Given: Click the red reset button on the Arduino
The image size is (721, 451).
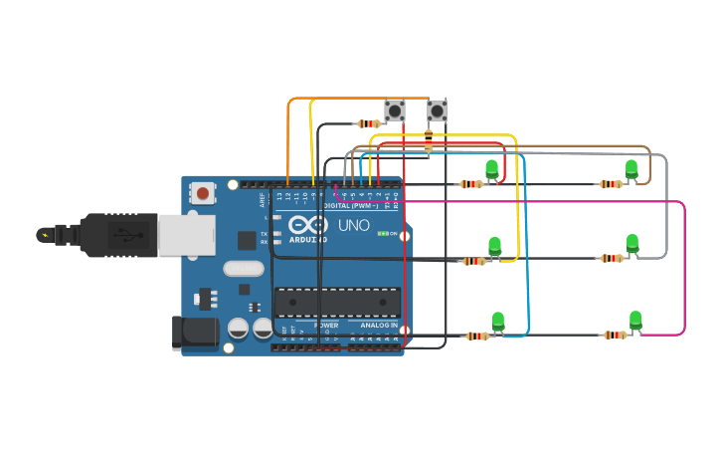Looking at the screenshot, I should coord(203,193).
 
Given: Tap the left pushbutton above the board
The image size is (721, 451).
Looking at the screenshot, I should coord(395,111).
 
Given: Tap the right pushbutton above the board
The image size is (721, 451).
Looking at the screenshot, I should coord(437,111).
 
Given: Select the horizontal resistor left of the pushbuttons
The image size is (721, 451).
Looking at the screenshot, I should coord(369,124).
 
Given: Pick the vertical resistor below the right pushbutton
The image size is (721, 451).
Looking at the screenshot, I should coord(429,140).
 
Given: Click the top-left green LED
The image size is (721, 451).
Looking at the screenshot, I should coord(491,169).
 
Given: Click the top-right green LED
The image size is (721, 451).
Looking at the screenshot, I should coord(631,169).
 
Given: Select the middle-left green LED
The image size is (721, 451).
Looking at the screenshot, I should coord(494,246).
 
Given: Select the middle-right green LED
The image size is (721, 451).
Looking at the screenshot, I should coord(632,244).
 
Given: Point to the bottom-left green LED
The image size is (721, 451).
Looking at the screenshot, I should coord(498,322).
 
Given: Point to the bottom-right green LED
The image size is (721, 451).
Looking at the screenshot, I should coord(635,321).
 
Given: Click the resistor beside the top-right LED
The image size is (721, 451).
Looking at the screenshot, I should coord(610,184).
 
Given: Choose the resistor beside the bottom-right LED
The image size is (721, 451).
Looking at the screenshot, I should coord(615,336).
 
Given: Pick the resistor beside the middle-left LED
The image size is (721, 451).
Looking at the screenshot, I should coord(474,262).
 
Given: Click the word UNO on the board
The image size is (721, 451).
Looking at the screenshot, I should coord(353,225).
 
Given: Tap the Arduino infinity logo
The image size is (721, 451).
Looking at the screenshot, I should coord(308,225).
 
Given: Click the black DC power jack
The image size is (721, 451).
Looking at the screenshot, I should coord(196,334).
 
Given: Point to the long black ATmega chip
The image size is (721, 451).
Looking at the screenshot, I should coord(337,303).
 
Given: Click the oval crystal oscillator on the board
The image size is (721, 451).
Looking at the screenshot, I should coord(244,268).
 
